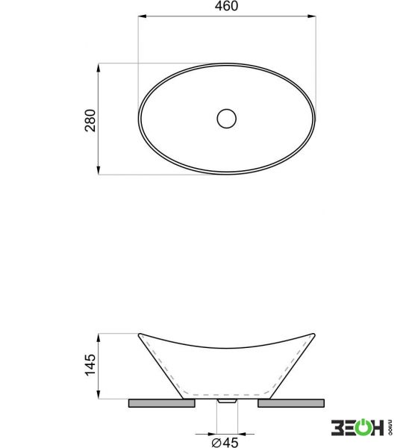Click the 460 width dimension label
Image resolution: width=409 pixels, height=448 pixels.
226,6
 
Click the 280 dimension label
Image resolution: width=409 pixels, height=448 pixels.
90,120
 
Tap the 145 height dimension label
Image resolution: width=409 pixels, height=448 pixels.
90,365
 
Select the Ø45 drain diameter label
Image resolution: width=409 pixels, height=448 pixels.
225,442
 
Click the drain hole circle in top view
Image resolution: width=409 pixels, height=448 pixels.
226,118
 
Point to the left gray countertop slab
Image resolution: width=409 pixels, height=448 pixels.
162,403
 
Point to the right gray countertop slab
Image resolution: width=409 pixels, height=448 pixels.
291,403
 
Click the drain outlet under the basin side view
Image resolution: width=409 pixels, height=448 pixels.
227,401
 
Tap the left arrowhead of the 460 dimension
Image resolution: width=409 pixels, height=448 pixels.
143,16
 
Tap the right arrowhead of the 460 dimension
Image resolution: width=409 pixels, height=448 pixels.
312,16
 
